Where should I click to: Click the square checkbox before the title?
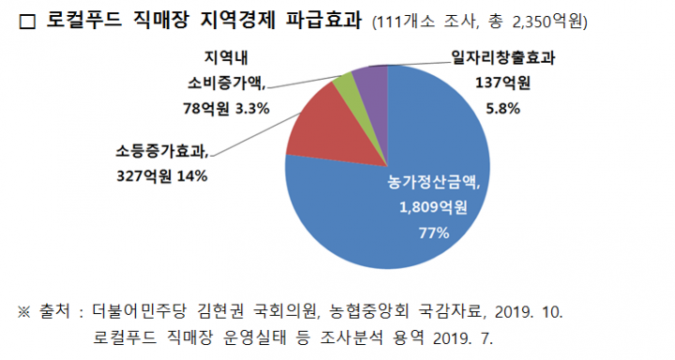(x=27, y=22)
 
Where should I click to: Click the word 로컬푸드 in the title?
(x=84, y=21)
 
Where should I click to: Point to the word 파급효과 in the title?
(x=323, y=21)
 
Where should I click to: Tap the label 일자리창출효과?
(x=502, y=57)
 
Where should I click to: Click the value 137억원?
(x=502, y=82)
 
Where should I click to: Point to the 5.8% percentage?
(x=502, y=109)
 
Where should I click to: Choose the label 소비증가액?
(x=227, y=83)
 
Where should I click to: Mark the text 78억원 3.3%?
(x=227, y=109)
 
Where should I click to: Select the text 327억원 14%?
(x=162, y=176)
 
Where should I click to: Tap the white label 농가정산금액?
(x=433, y=182)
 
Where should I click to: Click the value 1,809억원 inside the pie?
(x=433, y=208)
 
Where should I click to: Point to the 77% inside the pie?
(x=433, y=233)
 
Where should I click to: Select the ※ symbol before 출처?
(x=24, y=312)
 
